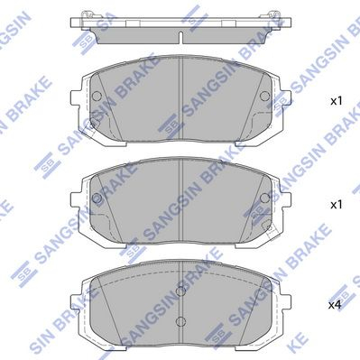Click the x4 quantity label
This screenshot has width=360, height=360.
[x=335, y=305]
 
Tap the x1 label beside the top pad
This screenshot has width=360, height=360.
[x=337, y=101]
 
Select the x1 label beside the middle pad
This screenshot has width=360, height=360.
[x=337, y=205]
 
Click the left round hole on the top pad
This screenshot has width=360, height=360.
[x=97, y=96]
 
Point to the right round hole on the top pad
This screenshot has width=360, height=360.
[x=265, y=96]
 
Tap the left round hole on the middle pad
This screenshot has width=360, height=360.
[x=97, y=198]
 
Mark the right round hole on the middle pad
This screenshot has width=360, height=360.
[x=265, y=198]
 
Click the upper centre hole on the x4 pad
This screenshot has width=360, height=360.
[x=180, y=291]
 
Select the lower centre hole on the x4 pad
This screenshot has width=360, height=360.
[x=180, y=321]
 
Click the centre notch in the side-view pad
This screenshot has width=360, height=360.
[x=180, y=37]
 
